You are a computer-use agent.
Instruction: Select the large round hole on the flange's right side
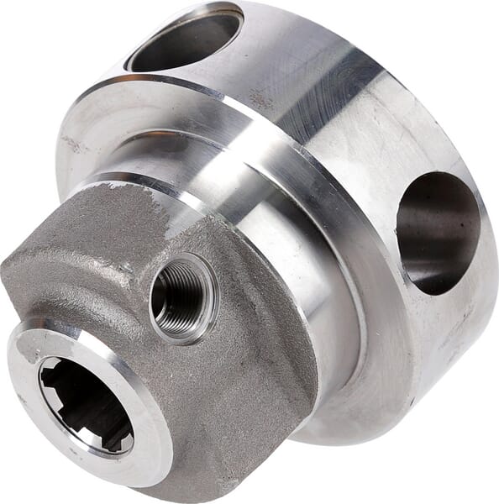tap(437, 232)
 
